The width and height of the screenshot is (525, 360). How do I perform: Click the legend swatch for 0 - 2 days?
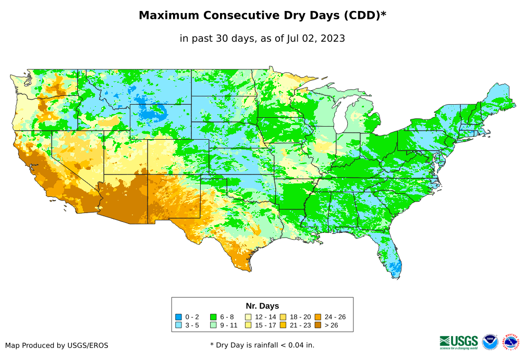click(x=178, y=317)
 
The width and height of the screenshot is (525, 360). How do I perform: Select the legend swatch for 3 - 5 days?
click(x=178, y=325)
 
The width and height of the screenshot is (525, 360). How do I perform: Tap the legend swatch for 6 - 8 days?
click(x=213, y=317)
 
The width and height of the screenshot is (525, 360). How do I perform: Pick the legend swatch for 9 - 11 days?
click(x=213, y=325)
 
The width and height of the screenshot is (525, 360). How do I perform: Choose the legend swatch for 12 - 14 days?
click(x=249, y=317)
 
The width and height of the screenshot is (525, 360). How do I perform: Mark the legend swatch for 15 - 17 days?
click(x=249, y=325)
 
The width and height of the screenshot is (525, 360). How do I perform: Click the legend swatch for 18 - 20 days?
click(x=284, y=317)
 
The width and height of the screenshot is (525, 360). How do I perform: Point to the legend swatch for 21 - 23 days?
click(x=284, y=325)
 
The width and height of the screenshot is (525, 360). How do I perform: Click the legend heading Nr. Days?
click(x=262, y=306)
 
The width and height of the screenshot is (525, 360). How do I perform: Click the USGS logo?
click(x=459, y=341)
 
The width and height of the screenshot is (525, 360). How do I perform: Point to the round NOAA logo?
click(x=490, y=342)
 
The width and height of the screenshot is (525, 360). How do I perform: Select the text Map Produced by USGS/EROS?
click(x=57, y=345)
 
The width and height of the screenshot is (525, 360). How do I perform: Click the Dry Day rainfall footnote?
click(x=262, y=345)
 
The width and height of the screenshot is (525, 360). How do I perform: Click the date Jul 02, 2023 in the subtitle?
click(x=315, y=39)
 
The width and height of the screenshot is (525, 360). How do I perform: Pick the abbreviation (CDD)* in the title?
click(x=363, y=16)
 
